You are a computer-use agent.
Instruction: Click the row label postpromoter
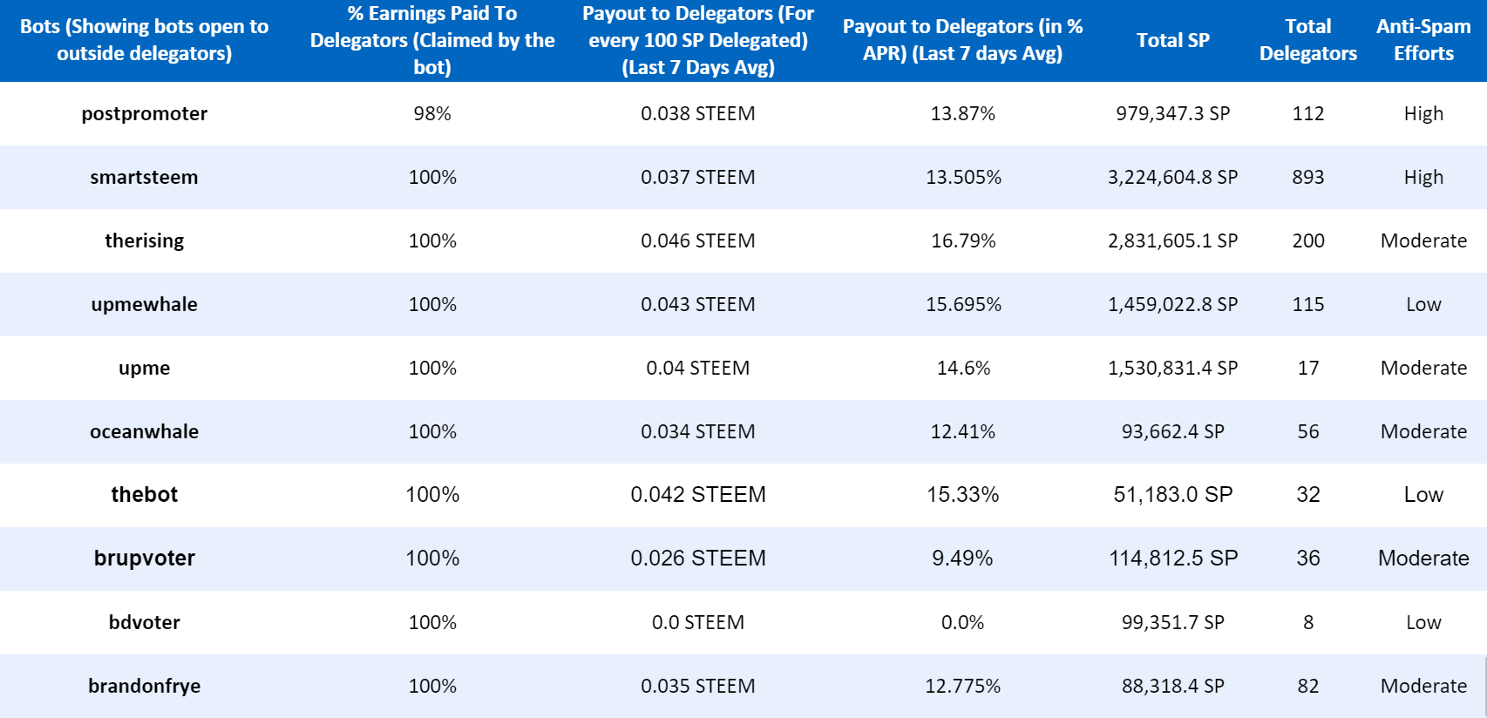(x=144, y=114)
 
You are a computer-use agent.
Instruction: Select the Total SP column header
(x=1172, y=40)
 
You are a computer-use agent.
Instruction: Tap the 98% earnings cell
(x=432, y=114)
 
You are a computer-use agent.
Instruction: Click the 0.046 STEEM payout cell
(x=697, y=240)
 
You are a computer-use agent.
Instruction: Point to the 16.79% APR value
(x=963, y=240)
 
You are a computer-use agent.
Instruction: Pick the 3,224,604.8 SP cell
(x=1172, y=178)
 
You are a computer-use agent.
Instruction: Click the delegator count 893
(x=1307, y=178)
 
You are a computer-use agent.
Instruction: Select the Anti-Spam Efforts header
(x=1423, y=40)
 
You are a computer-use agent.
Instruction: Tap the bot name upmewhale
(x=144, y=304)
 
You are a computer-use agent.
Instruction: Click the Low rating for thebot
(x=1423, y=495)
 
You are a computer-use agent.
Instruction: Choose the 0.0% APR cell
(x=962, y=622)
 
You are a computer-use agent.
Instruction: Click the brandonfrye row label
(x=144, y=686)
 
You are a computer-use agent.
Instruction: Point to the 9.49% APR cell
(x=962, y=559)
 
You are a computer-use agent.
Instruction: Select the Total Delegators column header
(x=1307, y=40)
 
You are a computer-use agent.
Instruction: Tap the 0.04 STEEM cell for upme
(x=697, y=368)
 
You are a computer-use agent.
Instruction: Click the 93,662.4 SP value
(x=1172, y=431)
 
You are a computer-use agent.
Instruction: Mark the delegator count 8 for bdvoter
(x=1307, y=622)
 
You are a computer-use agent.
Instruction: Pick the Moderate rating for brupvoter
(x=1423, y=559)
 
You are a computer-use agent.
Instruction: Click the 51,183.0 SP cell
(x=1172, y=495)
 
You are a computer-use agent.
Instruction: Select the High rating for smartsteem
(x=1423, y=178)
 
